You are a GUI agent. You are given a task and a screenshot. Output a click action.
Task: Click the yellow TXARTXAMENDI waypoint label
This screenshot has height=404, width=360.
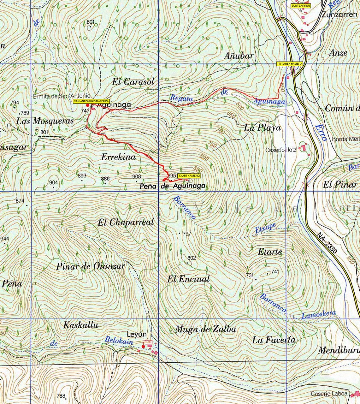[189, 176]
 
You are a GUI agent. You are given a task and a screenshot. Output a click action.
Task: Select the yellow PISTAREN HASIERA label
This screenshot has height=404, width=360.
[290, 64]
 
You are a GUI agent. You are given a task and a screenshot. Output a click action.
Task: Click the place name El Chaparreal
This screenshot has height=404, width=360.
[126, 222]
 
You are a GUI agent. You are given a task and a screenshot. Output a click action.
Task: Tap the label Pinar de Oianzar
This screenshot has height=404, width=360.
[91, 267]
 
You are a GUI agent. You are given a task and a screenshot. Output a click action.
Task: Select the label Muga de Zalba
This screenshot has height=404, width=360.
[206, 329]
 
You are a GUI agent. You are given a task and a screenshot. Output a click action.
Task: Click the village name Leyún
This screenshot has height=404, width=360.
[137, 334]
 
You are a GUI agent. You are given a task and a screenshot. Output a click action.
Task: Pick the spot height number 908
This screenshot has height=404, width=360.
[137, 176]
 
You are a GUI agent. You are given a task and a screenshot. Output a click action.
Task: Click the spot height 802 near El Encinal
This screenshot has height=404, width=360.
[191, 258]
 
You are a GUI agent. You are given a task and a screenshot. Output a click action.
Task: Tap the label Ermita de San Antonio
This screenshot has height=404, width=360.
[62, 96]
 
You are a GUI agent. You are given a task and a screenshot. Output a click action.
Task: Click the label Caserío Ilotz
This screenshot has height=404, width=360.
[281, 150]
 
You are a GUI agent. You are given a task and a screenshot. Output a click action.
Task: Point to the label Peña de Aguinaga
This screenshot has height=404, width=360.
[172, 186]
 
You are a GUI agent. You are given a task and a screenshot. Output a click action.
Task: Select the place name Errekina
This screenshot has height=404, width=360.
[118, 157]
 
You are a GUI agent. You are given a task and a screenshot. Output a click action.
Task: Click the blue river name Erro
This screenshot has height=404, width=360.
[320, 132]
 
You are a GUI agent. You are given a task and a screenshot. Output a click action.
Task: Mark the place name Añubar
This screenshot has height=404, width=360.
[239, 56]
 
